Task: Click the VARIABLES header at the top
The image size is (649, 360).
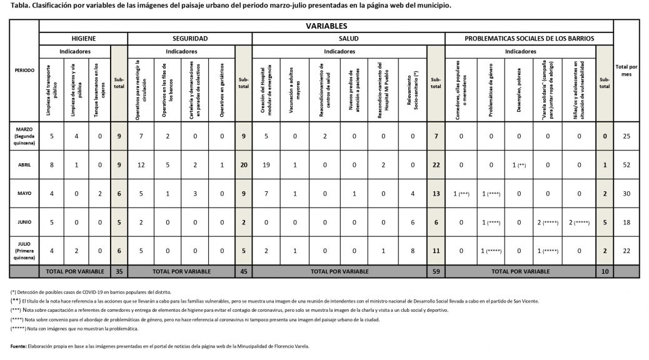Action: [326, 26]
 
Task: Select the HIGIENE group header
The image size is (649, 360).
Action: [83, 39]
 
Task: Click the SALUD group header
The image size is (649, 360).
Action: [348, 39]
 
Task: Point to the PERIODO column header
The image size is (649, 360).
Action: [24, 70]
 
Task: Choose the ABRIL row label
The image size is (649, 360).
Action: [24, 164]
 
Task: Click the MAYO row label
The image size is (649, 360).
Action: [24, 193]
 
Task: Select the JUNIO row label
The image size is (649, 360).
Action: [24, 222]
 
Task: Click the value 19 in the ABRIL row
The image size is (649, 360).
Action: [266, 164]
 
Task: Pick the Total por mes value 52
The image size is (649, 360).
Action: [626, 164]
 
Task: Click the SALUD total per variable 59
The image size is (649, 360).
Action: [435, 271]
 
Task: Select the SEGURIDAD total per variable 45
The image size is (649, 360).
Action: [243, 271]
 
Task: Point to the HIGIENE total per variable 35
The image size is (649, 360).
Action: [119, 271]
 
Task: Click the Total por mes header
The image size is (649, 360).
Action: [626, 69]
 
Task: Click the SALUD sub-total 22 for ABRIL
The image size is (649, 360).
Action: [435, 164]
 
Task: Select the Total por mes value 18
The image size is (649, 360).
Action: [626, 222]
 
